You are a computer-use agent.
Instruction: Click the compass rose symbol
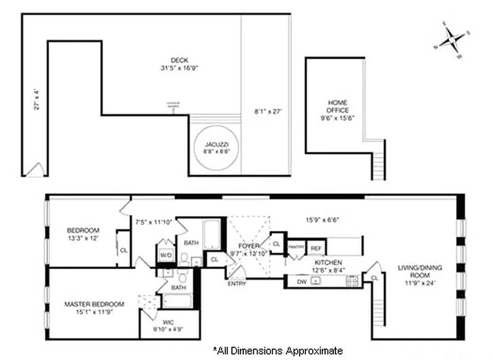tap(451, 40)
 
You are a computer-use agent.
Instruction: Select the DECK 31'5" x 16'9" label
tap(179, 64)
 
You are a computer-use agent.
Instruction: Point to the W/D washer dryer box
tap(166, 255)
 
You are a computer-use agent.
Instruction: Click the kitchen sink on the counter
tap(317, 281)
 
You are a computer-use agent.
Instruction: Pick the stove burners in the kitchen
tap(352, 281)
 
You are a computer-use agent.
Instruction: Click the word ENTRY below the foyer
tap(237, 284)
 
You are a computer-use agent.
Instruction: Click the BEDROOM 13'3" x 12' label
tap(83, 234)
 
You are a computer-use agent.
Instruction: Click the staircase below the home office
tap(379, 160)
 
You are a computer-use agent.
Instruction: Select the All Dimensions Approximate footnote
tap(277, 351)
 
